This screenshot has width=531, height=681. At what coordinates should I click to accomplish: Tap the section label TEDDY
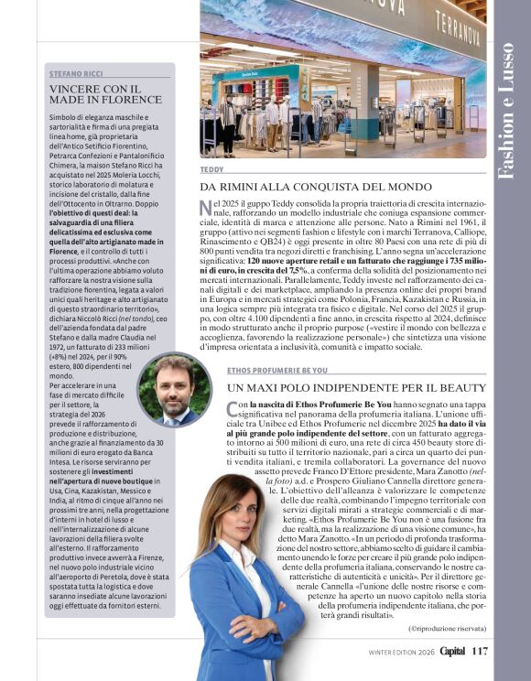click(211, 170)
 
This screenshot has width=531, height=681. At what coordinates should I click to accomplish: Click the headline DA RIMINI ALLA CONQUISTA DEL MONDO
click(316, 187)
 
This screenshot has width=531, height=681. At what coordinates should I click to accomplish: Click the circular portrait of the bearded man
click(174, 389)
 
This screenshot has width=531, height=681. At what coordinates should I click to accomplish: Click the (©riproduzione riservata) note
click(448, 628)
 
